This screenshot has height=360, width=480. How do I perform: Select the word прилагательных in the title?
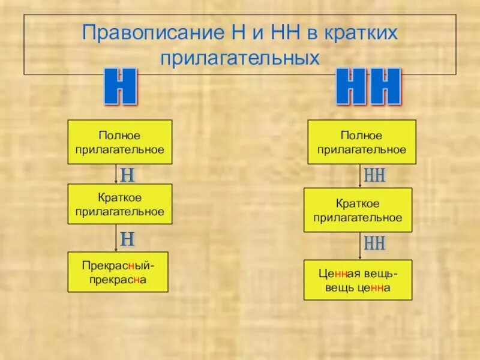point(240,58)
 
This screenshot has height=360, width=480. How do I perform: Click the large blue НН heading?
point(367,88)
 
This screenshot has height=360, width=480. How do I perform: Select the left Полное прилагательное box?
point(120,142)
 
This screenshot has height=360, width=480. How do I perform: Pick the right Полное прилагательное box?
point(362,142)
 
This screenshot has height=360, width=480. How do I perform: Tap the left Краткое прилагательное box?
point(120,205)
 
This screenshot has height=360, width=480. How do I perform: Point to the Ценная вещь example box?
point(358,280)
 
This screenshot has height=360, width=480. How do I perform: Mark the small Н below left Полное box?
point(127,175)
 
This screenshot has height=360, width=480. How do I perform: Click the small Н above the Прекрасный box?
point(127,239)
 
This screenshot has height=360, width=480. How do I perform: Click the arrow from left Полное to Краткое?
point(116,174)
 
